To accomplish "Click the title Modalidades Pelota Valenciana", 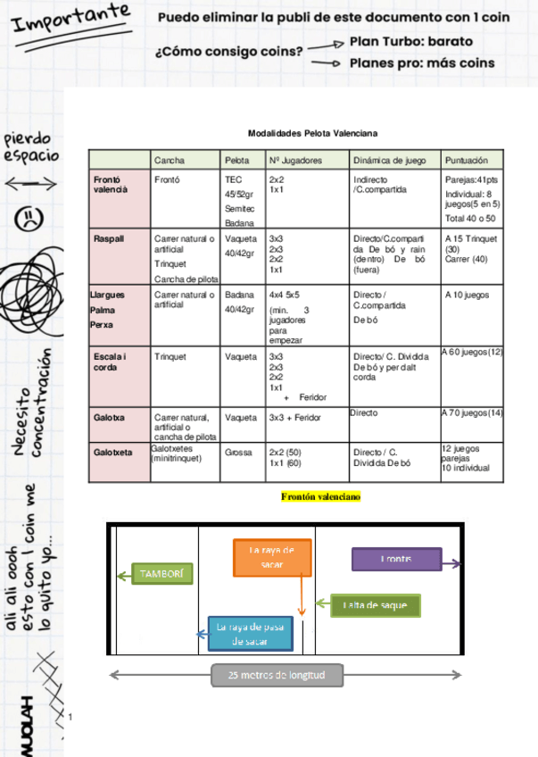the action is (312, 132).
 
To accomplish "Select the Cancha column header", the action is (170, 161).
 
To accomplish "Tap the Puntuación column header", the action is (466, 161).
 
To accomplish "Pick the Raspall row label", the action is (109, 239).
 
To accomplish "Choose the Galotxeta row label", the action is (113, 452).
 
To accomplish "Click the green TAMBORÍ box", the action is (162, 574).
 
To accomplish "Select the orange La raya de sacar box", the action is (272, 557).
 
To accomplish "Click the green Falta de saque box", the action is (375, 605).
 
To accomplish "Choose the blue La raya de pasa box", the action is (250, 633).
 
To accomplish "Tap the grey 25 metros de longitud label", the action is (277, 675).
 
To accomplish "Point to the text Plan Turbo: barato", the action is (411, 42).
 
